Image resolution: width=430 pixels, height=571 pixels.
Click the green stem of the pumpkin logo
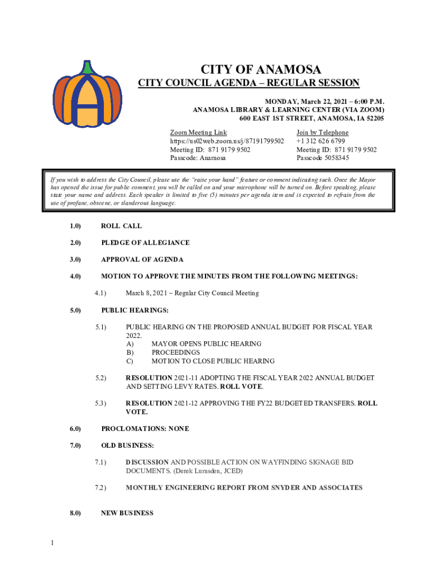pos(87,67)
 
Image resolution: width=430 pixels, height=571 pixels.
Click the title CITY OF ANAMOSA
pos(261,70)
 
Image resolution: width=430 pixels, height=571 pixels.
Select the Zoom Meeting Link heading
pos(198,132)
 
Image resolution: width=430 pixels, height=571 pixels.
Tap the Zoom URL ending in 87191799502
pos(223,141)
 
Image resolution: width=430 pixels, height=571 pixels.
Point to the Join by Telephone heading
pos(322,132)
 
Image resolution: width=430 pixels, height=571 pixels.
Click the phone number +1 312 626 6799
pos(321,141)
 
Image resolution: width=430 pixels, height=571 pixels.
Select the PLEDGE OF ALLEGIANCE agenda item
pos(145,243)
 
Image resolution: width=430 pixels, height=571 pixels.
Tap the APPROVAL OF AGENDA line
pos(142,259)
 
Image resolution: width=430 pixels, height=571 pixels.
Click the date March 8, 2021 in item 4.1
pos(146,293)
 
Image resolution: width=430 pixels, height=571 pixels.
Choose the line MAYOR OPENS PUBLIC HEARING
pos(206,343)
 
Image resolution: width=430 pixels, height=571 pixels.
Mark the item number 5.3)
pos(101,403)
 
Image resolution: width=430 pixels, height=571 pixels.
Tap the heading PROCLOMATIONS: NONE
pos(145,428)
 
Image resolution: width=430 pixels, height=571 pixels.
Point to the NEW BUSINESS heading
pos(127,513)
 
